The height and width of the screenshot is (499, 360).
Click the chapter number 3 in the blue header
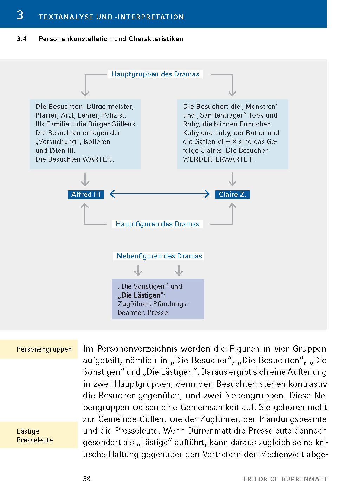pyautogui.click(x=20, y=15)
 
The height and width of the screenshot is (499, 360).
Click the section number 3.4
pyautogui.click(x=21, y=39)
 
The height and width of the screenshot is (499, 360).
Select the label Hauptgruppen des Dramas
pyautogui.click(x=155, y=74)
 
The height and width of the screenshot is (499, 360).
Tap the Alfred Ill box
pyautogui.click(x=86, y=195)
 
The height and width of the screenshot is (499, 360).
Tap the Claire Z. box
pyautogui.click(x=232, y=195)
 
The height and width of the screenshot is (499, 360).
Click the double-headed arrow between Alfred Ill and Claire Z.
pyautogui.click(x=160, y=194)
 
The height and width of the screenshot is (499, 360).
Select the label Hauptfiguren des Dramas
pyautogui.click(x=157, y=224)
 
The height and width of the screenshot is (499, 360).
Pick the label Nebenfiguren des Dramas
pyautogui.click(x=159, y=256)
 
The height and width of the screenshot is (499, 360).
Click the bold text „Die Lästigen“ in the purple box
pyautogui.click(x=142, y=295)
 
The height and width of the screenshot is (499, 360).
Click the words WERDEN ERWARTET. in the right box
pyautogui.click(x=218, y=159)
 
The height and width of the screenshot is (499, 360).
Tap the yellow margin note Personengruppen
pyautogui.click(x=44, y=349)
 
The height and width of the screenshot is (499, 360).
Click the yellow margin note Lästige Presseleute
pyautogui.click(x=35, y=436)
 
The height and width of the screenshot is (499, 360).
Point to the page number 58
pyautogui.click(x=87, y=479)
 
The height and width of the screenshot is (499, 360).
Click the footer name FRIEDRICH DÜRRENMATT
pyautogui.click(x=285, y=479)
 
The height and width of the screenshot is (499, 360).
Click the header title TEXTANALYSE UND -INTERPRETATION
pyautogui.click(x=111, y=17)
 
